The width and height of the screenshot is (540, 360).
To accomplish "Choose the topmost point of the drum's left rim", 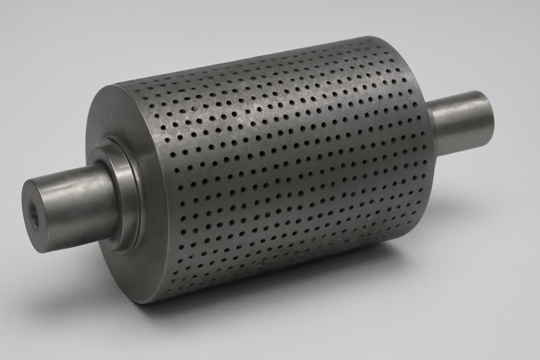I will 121,84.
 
